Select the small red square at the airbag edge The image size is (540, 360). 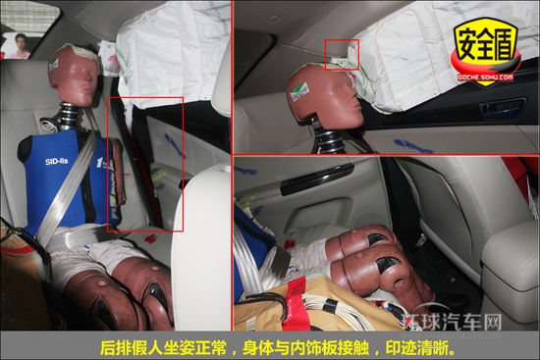point(343,53)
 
